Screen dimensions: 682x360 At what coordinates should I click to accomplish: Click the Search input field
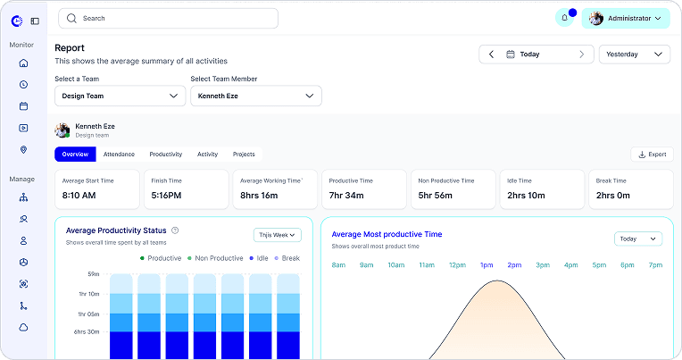169,18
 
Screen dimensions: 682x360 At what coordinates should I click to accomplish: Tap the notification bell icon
564,18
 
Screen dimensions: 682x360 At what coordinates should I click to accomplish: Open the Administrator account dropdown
626,18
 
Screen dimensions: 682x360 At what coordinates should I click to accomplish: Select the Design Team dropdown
120,96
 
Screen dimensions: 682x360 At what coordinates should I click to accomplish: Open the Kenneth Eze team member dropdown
256,96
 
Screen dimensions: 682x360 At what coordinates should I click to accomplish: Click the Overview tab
75,155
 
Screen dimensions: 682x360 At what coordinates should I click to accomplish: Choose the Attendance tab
119,155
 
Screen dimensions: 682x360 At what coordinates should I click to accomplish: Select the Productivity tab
166,155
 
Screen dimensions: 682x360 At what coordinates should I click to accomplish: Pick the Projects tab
244,155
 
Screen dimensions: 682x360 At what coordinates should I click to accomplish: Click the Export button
652,155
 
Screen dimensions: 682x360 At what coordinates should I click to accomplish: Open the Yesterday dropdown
635,54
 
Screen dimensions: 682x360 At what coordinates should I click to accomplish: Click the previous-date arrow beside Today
492,54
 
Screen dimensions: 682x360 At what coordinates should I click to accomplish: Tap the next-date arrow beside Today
581,54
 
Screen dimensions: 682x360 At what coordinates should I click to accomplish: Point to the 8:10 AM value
79,196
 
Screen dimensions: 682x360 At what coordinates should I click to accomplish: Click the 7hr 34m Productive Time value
346,196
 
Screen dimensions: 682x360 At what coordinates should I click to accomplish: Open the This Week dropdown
278,235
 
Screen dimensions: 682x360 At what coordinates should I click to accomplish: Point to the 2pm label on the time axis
514,265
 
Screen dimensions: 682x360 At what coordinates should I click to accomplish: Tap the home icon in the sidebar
23,63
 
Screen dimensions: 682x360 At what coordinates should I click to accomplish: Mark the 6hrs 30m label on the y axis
87,331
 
